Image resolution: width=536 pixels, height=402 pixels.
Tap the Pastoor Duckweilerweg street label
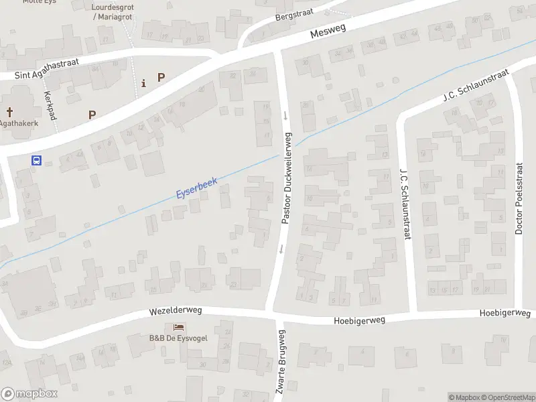point(287,178)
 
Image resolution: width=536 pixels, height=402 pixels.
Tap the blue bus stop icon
point(36,160)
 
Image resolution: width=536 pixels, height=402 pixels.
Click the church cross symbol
point(10,112)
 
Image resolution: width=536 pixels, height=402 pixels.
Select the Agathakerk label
point(18,123)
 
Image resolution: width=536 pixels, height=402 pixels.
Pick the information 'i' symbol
point(143,83)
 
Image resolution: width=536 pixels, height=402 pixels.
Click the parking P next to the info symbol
point(161,78)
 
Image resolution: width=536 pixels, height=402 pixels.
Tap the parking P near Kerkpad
point(92,115)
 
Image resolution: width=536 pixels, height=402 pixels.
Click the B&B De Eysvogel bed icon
point(178,327)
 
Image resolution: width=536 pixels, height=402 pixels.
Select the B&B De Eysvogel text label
point(178,338)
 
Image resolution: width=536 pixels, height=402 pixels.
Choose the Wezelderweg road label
point(176,311)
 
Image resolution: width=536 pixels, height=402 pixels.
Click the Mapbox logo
point(29,394)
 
